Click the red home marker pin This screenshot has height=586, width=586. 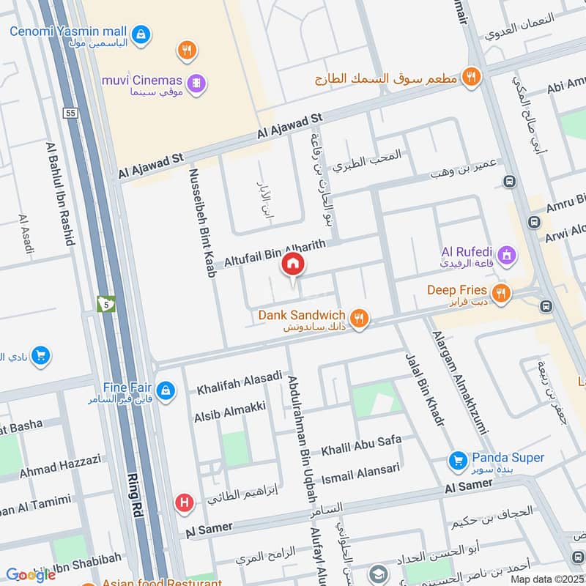293,264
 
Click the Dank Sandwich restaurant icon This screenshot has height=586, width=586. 358,318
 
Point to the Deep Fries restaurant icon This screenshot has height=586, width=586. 500,294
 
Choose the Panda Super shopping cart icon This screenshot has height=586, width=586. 458,461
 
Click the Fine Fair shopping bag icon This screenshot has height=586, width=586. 166,389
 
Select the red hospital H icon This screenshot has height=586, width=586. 185,503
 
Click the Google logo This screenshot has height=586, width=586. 31,574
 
